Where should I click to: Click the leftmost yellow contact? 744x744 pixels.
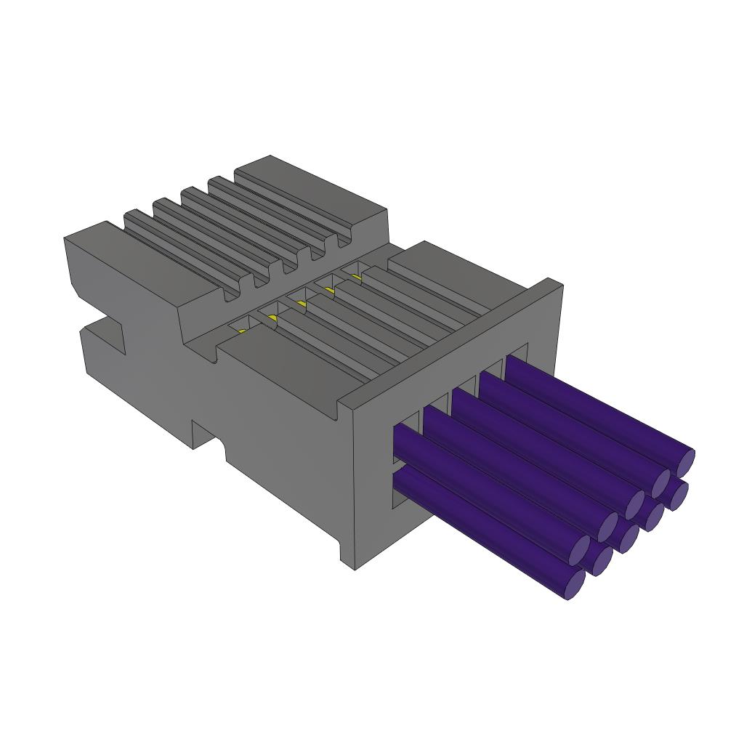click(242, 330)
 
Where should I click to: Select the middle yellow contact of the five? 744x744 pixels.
click(301, 303)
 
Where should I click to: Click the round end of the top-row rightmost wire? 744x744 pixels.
click(685, 461)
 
